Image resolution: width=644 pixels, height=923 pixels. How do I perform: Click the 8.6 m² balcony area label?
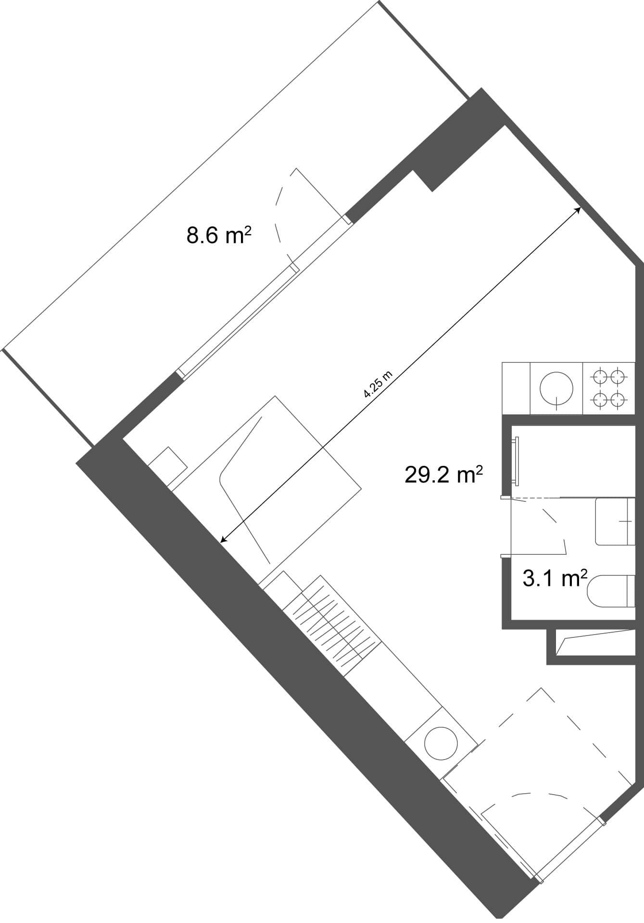219,236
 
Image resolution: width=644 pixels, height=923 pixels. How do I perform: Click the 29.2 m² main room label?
443,475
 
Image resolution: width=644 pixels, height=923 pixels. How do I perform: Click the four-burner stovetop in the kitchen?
609,387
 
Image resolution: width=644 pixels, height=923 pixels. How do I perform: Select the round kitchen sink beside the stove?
556,388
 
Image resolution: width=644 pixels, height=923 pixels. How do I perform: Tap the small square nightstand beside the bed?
167,466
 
